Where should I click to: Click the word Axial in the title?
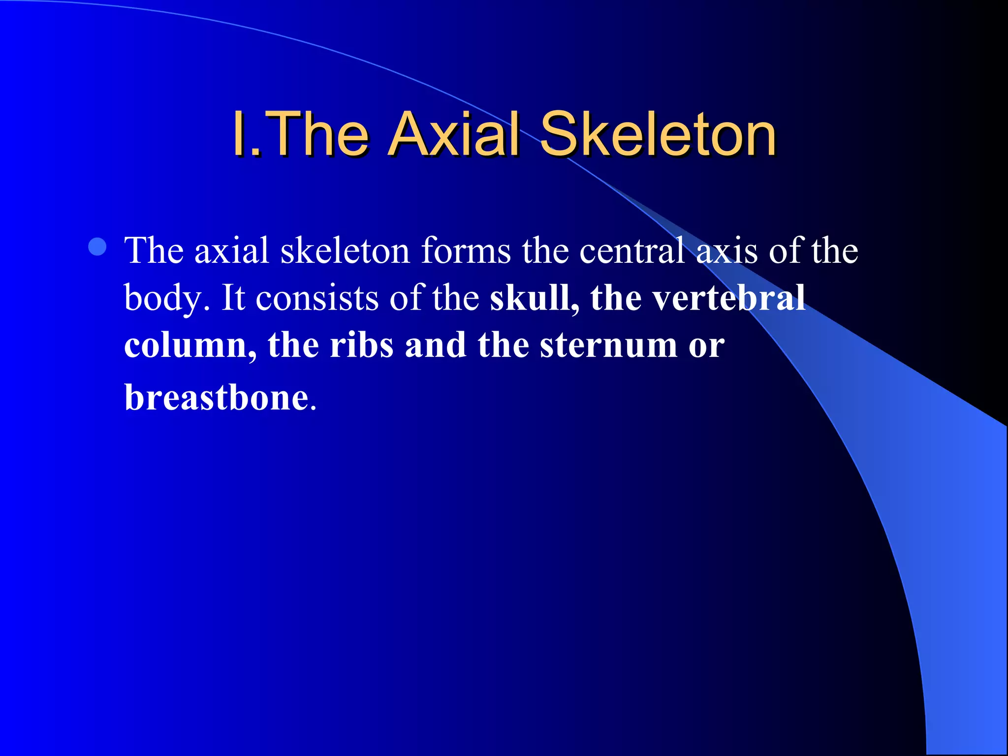[x=453, y=134]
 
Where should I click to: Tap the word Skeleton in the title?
[x=658, y=134]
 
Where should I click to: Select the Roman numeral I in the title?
[x=239, y=134]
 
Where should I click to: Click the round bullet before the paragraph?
[x=98, y=247]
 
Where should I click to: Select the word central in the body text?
[x=631, y=251]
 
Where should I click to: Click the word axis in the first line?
[x=726, y=251]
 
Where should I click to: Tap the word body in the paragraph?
[x=163, y=298]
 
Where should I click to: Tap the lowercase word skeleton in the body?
[x=345, y=251]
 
